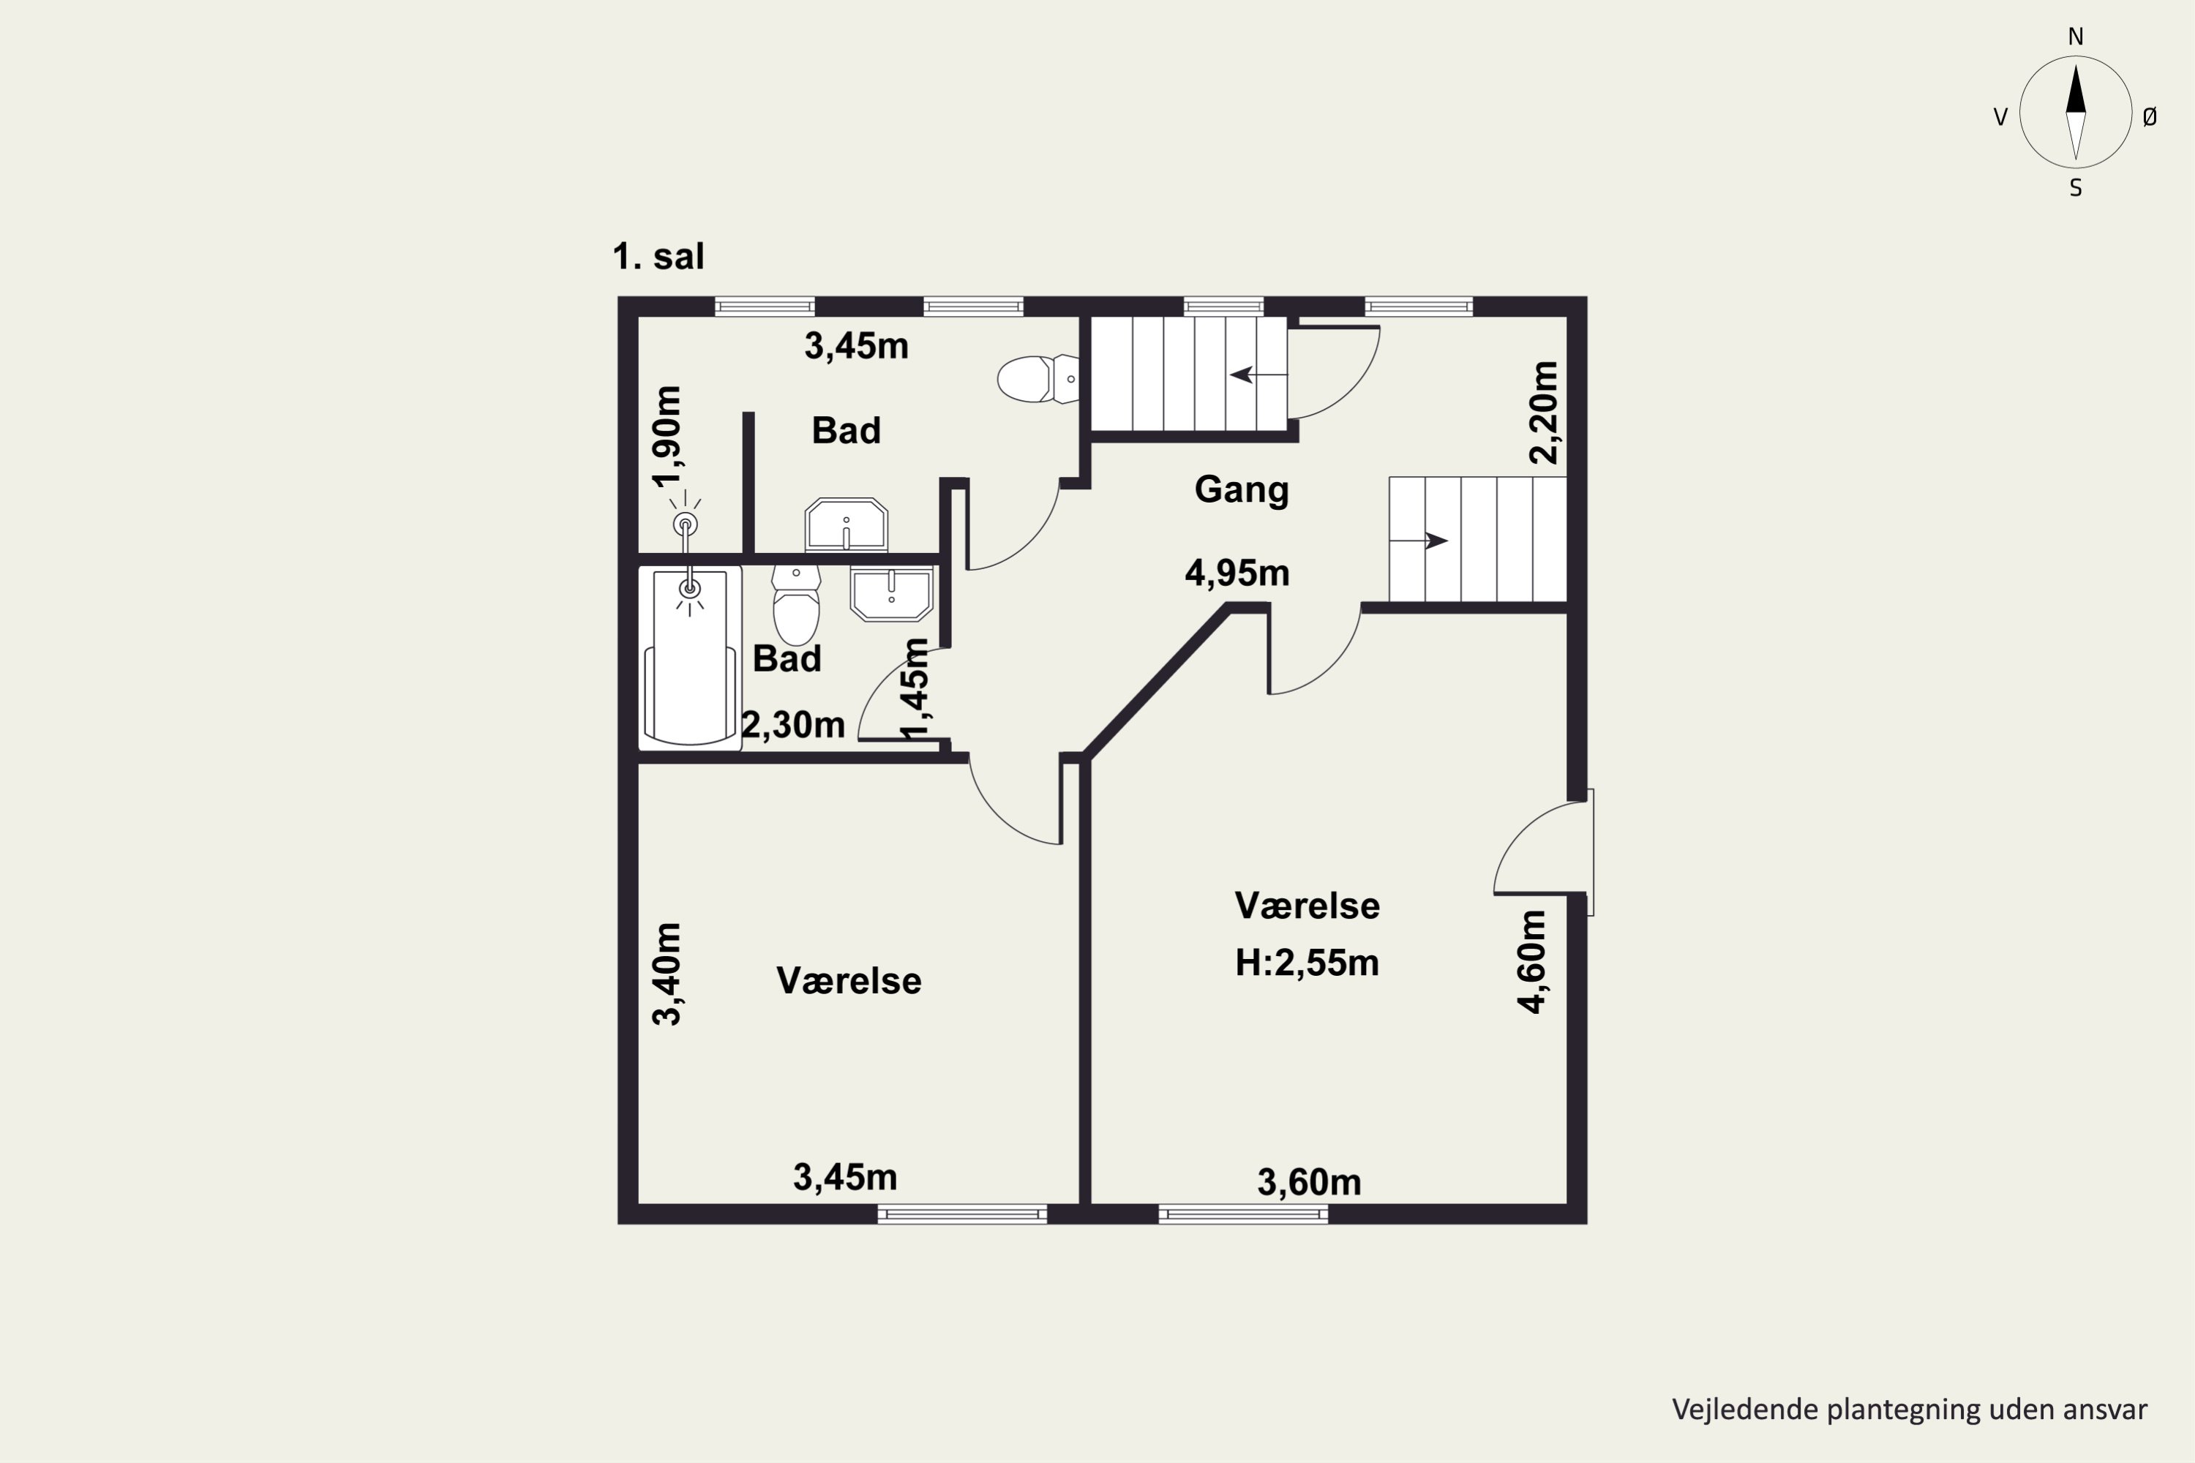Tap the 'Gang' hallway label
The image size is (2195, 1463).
tap(1241, 490)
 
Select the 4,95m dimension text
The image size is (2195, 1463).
tap(1237, 573)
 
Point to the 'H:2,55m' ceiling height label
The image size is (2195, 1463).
tap(1307, 963)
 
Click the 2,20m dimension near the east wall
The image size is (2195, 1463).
tap(1544, 413)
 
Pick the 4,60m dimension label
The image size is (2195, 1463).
tap(1532, 962)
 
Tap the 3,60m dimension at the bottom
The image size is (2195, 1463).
tap(1310, 1183)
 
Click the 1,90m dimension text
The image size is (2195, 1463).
tap(667, 437)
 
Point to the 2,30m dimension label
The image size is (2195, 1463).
tap(793, 725)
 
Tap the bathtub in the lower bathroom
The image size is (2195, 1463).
tap(690, 658)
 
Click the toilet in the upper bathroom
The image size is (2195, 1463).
tap(1038, 379)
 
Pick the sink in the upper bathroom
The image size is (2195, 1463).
tap(847, 525)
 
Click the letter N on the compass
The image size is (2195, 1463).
tap(2076, 37)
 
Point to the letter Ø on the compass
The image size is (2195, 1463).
tap(2150, 116)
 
